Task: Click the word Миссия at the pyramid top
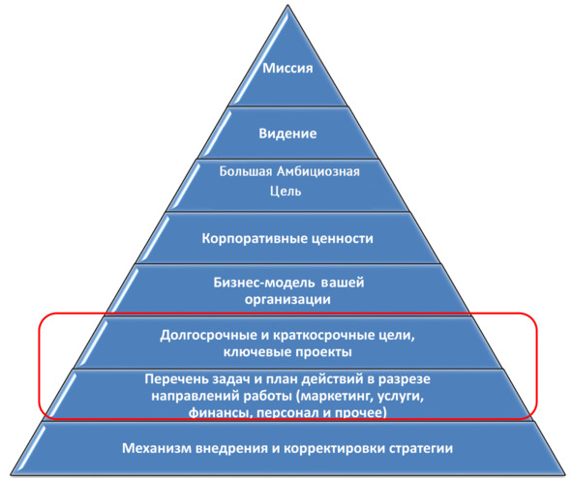(x=287, y=68)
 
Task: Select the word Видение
(x=287, y=134)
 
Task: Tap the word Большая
(x=246, y=171)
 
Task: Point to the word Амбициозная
(x=318, y=171)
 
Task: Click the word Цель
(x=286, y=191)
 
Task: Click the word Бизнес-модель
(x=264, y=283)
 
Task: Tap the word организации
(x=287, y=300)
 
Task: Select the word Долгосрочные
(x=209, y=335)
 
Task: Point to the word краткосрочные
(x=325, y=335)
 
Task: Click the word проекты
(x=323, y=352)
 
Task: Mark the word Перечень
(x=177, y=379)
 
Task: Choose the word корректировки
(x=333, y=449)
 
